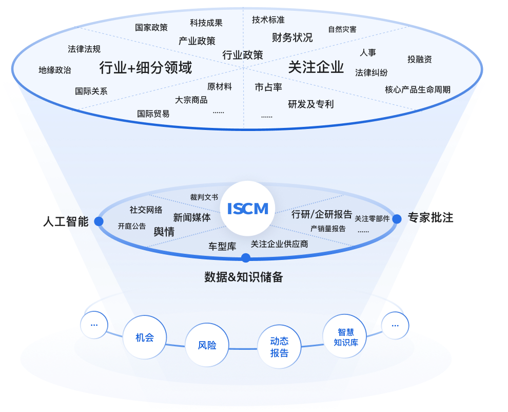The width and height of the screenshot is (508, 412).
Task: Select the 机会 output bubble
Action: click(x=144, y=338)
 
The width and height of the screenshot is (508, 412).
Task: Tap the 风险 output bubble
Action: click(x=207, y=345)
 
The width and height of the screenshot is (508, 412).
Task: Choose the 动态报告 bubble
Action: click(x=279, y=347)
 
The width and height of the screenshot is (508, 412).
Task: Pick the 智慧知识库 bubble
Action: click(x=345, y=337)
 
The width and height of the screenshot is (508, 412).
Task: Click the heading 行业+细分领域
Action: click(x=145, y=67)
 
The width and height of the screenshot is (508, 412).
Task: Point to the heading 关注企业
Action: click(x=316, y=67)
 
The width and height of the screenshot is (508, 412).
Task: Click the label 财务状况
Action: click(x=292, y=38)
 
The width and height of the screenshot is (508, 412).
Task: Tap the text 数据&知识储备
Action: click(x=243, y=277)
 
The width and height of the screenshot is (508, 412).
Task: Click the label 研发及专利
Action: click(x=310, y=104)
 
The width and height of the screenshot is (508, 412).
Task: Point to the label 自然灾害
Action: click(x=342, y=29)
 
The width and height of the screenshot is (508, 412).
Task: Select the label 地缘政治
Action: click(x=55, y=70)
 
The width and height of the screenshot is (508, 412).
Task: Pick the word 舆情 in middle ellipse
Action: click(x=164, y=232)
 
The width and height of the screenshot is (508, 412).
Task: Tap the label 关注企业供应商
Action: click(x=279, y=244)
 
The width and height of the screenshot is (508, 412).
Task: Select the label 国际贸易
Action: click(x=153, y=114)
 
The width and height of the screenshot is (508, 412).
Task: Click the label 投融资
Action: click(x=419, y=59)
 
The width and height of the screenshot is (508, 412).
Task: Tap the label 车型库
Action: click(x=222, y=247)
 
